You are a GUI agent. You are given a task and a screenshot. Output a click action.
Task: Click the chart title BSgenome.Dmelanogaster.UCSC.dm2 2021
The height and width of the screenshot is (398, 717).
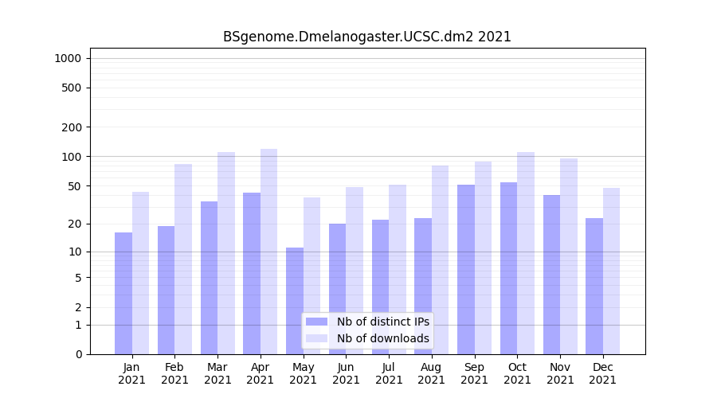tap(366, 37)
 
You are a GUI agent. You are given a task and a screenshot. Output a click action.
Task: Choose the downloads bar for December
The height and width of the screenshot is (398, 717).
tap(611, 271)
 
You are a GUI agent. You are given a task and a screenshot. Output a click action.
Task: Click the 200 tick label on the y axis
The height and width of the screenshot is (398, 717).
tap(71, 127)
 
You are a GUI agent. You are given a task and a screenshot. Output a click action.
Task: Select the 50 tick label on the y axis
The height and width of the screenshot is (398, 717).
tap(73, 186)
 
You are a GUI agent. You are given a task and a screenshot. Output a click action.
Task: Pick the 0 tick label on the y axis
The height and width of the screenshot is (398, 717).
tap(78, 354)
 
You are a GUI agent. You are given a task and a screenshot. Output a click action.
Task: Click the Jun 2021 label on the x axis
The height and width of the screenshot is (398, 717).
tap(346, 373)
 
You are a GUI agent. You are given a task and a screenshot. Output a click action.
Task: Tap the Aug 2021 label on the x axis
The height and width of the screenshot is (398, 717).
tap(432, 373)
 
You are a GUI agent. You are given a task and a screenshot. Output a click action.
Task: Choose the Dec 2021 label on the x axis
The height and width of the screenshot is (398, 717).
tap(603, 373)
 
